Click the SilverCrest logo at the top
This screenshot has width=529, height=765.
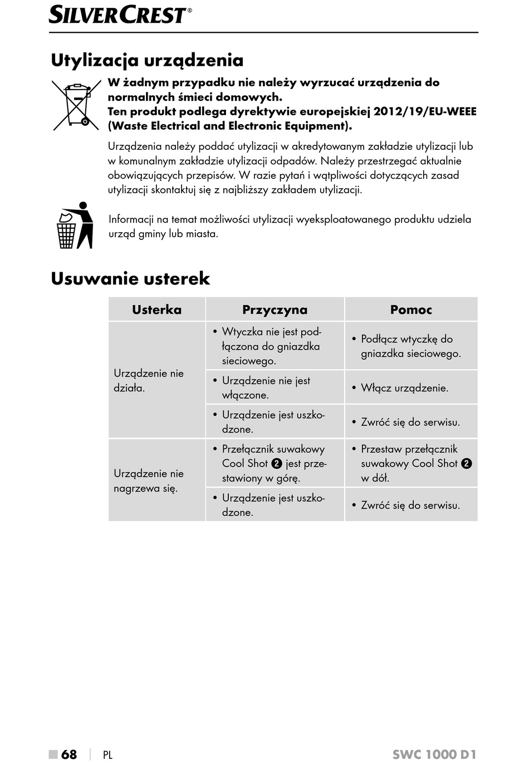(118, 14)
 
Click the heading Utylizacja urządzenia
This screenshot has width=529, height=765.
(147, 60)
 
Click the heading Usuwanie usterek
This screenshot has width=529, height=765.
(130, 278)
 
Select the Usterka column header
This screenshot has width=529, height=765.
(156, 310)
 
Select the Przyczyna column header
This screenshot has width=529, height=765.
(275, 310)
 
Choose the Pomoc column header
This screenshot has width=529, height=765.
(411, 310)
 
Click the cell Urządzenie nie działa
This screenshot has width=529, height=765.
(149, 380)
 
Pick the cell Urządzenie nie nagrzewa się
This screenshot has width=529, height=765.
(149, 480)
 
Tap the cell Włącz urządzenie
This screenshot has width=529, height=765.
(404, 388)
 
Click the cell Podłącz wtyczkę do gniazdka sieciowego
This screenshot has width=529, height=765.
(410, 346)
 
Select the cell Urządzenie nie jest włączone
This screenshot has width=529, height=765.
(266, 388)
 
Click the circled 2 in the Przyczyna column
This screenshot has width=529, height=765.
(277, 463)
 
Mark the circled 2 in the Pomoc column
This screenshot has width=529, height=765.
(467, 463)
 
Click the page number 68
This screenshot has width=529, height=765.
(69, 754)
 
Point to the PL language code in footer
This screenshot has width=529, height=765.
(107, 755)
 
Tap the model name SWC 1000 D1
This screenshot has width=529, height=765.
(434, 754)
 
